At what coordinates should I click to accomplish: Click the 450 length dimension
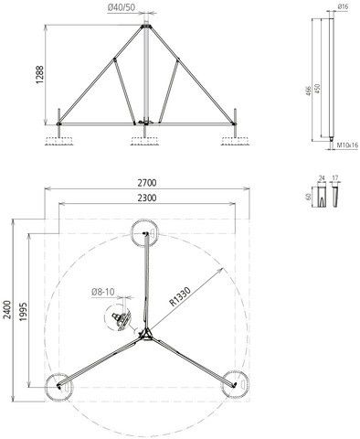point(317,87)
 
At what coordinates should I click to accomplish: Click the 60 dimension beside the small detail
point(310,196)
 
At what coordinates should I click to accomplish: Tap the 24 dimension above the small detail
point(321,179)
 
